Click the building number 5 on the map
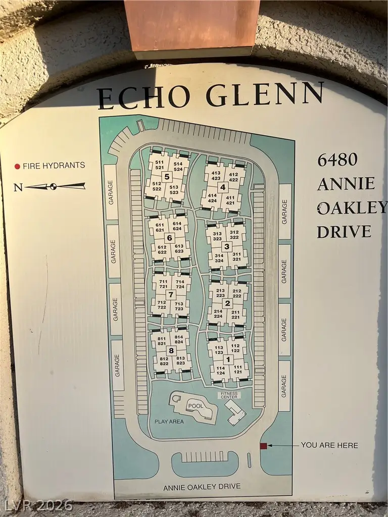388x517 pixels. point(166,176)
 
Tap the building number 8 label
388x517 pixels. point(171,350)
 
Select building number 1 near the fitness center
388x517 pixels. point(228,359)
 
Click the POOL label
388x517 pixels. point(196,405)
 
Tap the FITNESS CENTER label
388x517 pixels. point(228,395)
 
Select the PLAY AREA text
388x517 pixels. point(169,422)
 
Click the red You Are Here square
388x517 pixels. point(263,446)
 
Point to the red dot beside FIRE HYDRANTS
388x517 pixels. point(17,166)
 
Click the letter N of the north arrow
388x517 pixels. point(18,188)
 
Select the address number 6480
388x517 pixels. point(337,160)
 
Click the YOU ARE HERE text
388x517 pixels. point(329,445)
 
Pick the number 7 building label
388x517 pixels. point(171,294)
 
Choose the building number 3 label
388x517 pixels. point(227,246)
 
